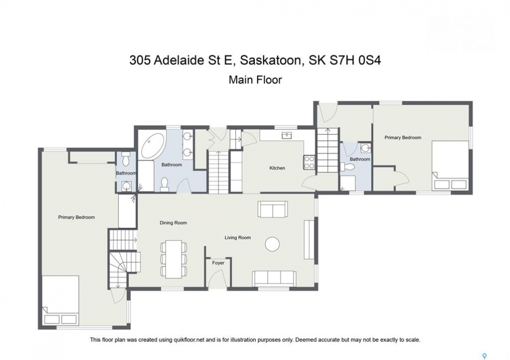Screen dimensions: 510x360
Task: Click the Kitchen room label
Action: point(277,168)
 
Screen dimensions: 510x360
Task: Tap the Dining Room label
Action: point(173,223)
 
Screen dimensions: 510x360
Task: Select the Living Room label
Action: point(237,237)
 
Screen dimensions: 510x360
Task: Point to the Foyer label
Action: point(218,263)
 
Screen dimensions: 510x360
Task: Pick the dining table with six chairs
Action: point(173,259)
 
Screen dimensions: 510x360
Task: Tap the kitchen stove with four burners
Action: point(309,162)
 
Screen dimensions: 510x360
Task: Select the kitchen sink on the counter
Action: point(287,135)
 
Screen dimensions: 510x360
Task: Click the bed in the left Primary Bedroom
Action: point(61,300)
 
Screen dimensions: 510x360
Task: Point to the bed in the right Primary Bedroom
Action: point(450,165)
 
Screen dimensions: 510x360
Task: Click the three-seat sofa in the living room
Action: point(274,278)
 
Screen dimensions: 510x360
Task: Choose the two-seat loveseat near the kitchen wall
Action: point(273,209)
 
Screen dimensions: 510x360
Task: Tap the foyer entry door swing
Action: point(215,279)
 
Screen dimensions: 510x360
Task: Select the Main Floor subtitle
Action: point(255,79)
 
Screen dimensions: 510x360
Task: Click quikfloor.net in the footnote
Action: point(188,340)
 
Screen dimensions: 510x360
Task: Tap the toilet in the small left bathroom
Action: point(126,159)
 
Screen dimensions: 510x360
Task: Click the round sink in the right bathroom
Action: point(366,148)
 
